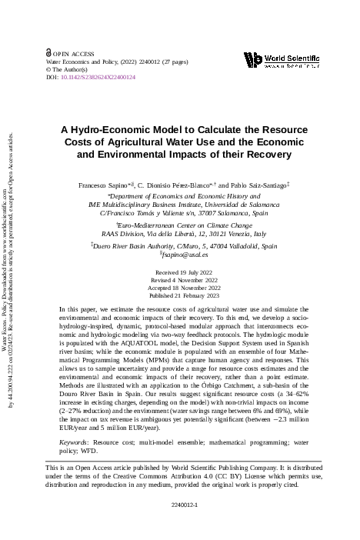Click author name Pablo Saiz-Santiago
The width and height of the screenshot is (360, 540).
point(258,186)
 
